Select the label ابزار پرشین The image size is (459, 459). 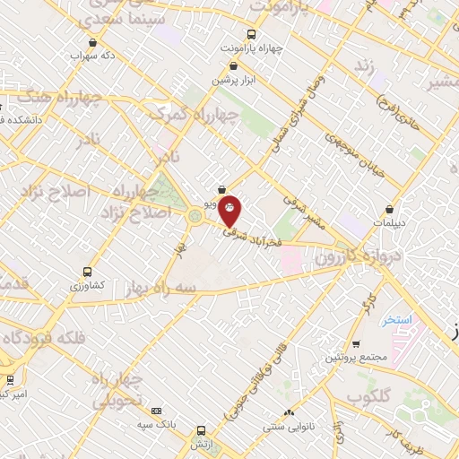pos(234,80)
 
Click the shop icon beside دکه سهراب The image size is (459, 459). pos(93,42)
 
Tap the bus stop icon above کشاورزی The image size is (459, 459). pos(87,272)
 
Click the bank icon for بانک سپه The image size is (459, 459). pos(157,411)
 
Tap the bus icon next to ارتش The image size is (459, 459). pos(201,429)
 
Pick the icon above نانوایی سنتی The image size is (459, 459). pos(290,412)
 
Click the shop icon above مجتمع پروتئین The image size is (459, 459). pos(356,344)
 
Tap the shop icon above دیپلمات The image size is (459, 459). pos(389,208)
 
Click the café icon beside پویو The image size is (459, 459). pos(221,190)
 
